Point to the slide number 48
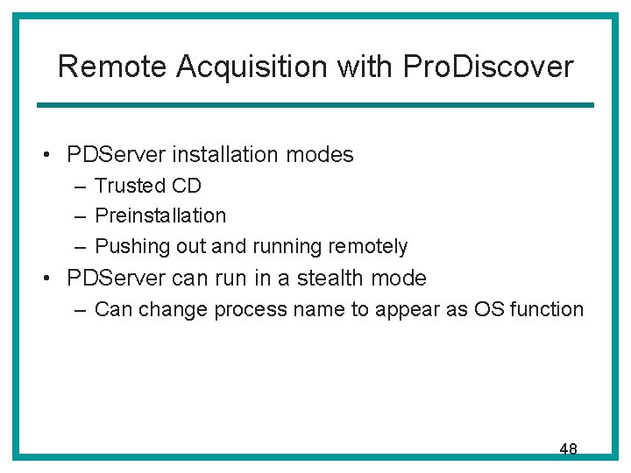click(568, 449)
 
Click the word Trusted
click(130, 186)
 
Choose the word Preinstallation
click(160, 215)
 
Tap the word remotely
click(367, 246)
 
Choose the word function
click(549, 309)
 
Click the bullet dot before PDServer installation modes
click(48, 156)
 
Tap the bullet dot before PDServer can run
click(48, 279)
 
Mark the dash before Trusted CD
click(81, 187)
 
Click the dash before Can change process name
click(81, 310)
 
